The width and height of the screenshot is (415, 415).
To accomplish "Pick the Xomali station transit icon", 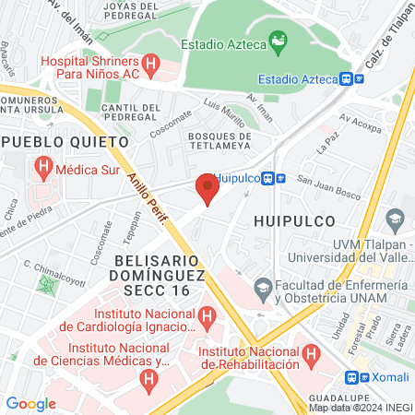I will [x=351, y=376].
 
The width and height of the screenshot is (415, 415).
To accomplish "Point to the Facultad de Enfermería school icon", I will [x=263, y=287].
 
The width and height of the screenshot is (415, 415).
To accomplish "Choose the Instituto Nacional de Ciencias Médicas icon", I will [x=147, y=377].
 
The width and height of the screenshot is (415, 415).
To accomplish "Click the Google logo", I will [x=30, y=403].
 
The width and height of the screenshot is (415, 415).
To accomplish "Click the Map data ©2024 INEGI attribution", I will [x=360, y=407].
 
